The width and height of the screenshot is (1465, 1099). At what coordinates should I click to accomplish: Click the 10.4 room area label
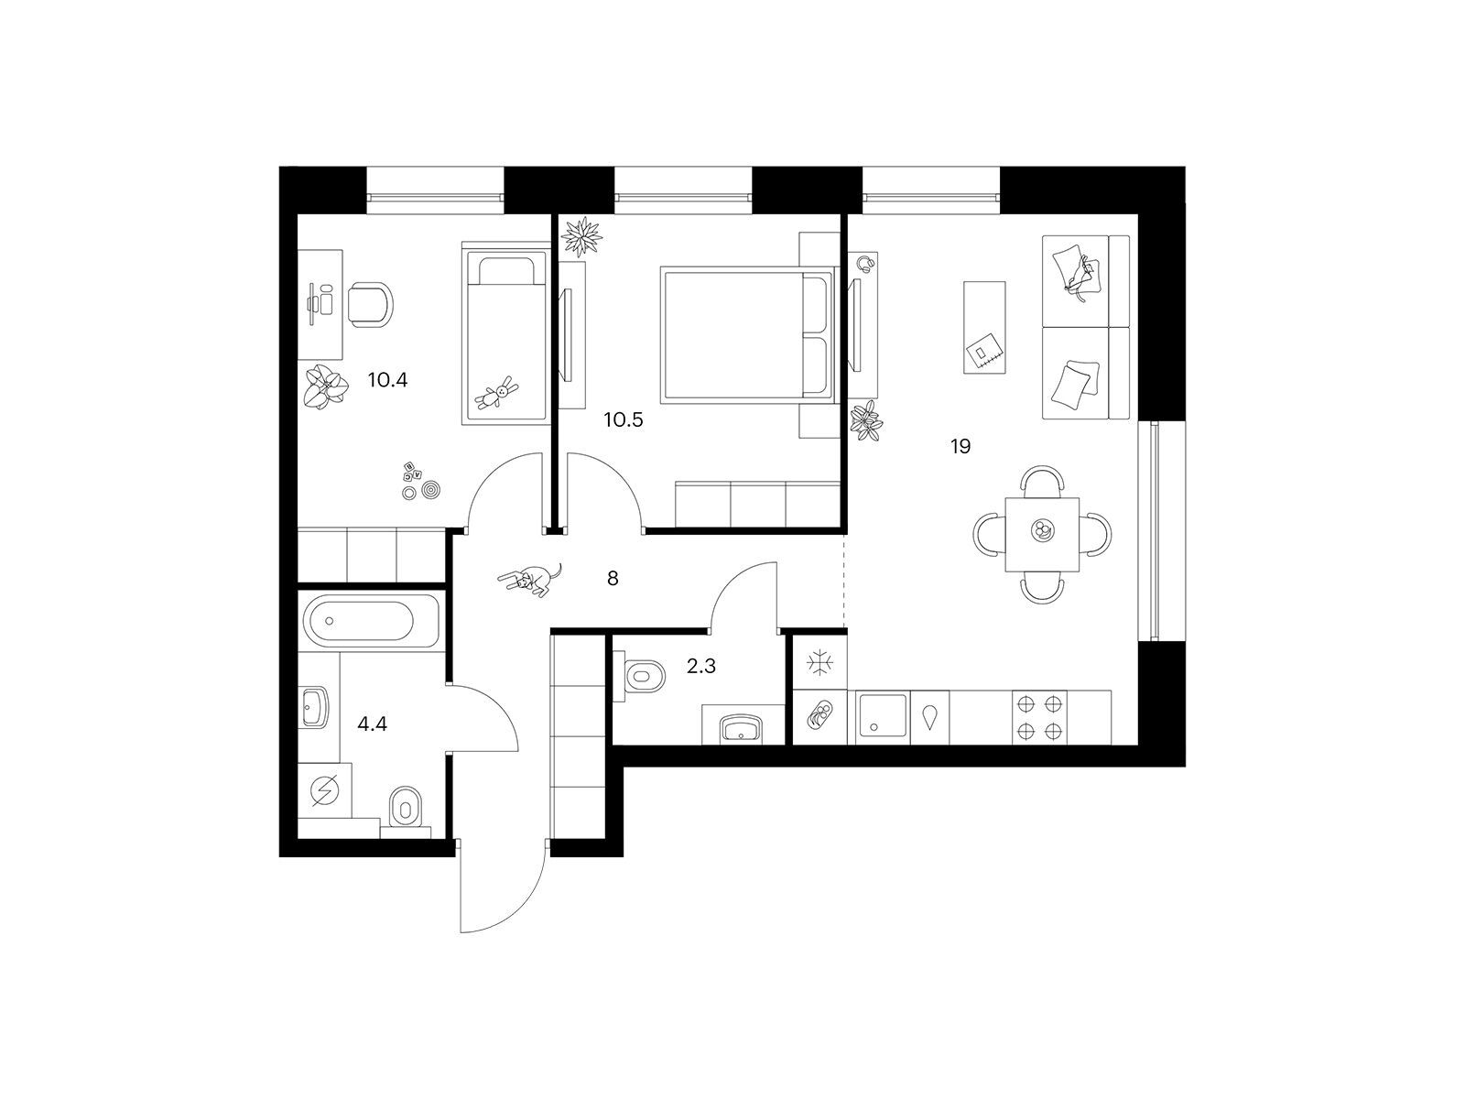click(387, 380)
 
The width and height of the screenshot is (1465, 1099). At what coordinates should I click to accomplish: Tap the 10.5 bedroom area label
click(624, 420)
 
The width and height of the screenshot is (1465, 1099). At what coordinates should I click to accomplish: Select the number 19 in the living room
click(960, 446)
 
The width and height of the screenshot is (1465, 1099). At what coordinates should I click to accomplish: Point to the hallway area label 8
click(613, 578)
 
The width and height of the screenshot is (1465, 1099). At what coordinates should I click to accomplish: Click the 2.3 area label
click(700, 666)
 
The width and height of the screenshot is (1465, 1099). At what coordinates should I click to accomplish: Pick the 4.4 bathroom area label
click(373, 724)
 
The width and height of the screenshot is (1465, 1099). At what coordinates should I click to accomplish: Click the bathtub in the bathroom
click(372, 621)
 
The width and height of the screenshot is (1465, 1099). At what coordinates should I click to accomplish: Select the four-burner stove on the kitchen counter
click(1039, 717)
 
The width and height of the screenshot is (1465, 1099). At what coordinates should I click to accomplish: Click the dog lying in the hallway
click(530, 579)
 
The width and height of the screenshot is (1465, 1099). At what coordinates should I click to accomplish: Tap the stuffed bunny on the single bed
click(497, 392)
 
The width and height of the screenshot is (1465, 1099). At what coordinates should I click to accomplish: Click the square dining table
click(1042, 535)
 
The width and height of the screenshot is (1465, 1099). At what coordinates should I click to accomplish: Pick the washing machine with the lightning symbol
click(325, 791)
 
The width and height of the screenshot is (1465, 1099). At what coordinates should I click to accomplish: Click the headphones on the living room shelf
click(865, 263)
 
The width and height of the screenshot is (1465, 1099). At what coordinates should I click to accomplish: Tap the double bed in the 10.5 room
click(747, 334)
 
